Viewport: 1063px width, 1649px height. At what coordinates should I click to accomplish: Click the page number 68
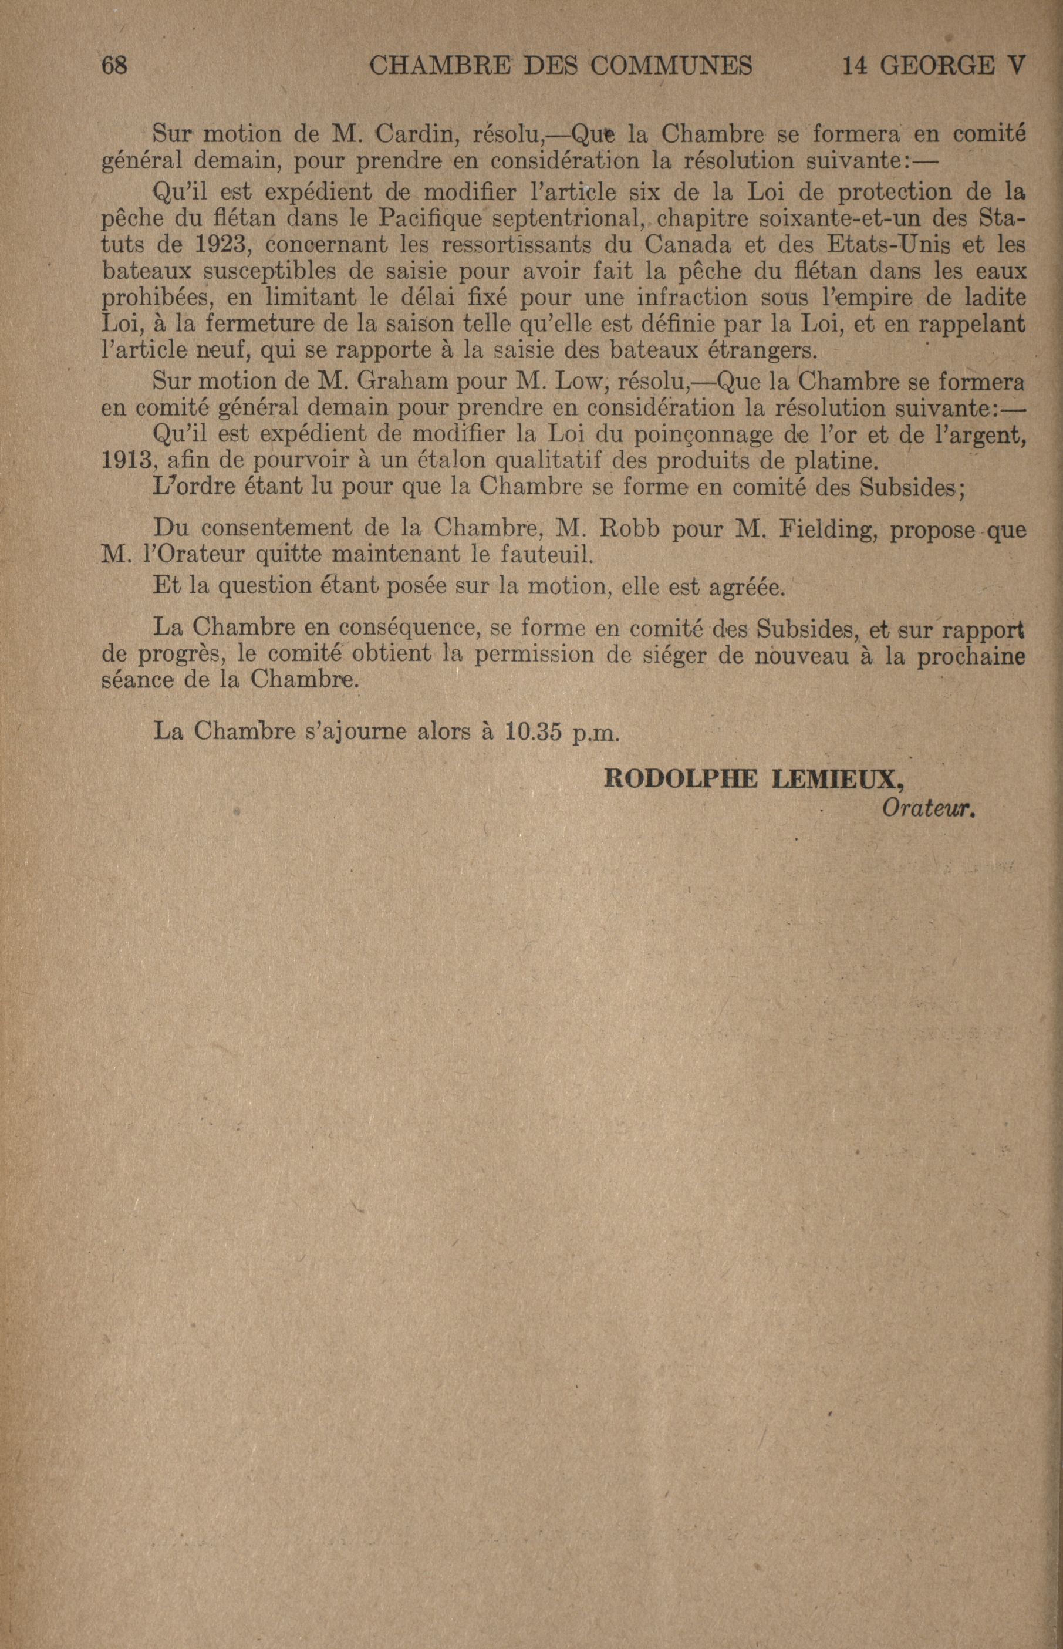tap(115, 66)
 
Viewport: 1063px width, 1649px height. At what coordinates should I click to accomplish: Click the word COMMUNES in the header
tap(671, 66)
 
